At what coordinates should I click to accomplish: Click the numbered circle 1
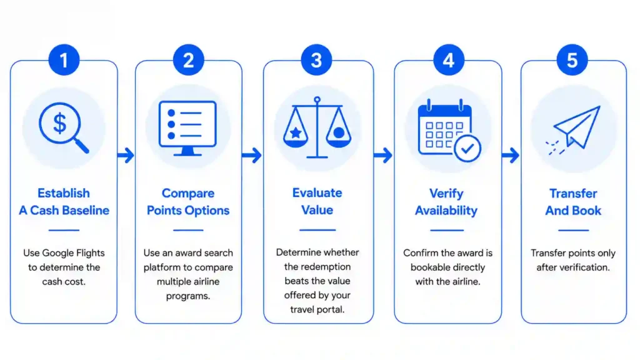coord(64,60)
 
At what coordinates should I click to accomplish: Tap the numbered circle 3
coord(316,60)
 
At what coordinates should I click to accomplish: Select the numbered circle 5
coord(572,60)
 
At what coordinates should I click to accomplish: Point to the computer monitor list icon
coord(187,128)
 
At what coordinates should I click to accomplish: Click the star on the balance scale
coord(296,132)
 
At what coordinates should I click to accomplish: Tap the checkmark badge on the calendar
coord(467,148)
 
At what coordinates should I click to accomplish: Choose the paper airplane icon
coord(574,130)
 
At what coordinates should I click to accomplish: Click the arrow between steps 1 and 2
coord(126,155)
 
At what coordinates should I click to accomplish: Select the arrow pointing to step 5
coord(511,155)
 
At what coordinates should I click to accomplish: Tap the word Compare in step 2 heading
coord(187,193)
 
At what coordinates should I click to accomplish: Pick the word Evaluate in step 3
coord(317,192)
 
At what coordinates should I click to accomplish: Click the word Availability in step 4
coord(446,211)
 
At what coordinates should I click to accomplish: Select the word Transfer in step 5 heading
coord(573,193)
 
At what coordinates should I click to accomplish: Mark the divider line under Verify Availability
coord(446,230)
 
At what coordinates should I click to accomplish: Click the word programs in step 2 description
coord(187,296)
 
